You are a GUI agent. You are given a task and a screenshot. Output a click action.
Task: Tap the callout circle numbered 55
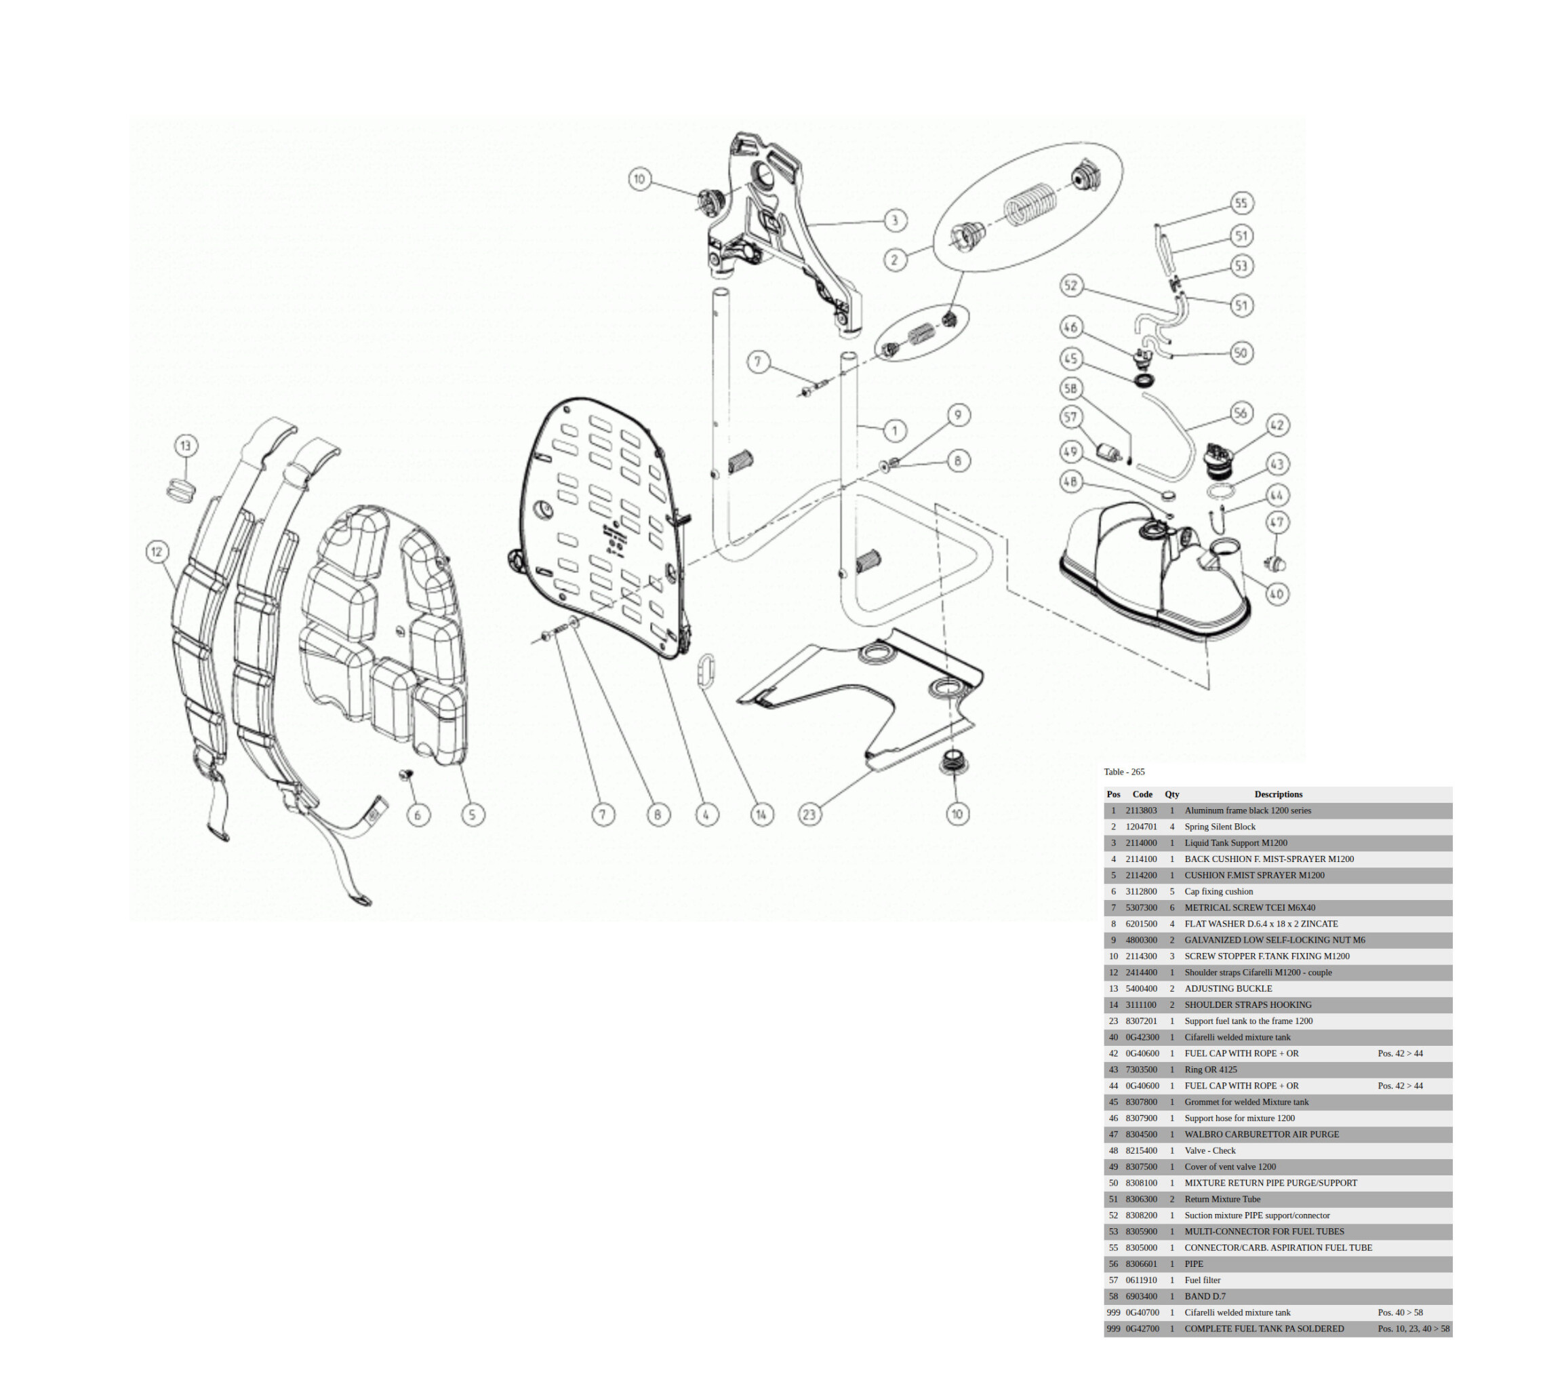1241,203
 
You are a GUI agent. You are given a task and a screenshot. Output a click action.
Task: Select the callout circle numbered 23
809,815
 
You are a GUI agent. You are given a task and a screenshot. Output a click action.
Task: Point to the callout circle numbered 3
895,220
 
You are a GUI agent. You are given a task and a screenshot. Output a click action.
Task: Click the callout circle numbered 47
1277,522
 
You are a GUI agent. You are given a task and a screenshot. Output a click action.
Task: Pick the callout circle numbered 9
959,414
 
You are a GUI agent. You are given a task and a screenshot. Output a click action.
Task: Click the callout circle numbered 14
761,815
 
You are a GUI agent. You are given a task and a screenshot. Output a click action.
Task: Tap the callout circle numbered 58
1071,389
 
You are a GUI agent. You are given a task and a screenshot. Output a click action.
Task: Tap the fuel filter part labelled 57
1108,452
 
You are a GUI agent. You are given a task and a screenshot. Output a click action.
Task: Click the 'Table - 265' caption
1124,772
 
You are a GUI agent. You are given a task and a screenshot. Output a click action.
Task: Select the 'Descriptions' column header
1278,794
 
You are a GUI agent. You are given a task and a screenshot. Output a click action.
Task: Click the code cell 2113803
1141,810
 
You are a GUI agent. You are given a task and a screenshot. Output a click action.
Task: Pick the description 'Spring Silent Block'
1219,827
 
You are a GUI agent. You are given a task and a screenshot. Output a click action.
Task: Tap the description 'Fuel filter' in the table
1202,1280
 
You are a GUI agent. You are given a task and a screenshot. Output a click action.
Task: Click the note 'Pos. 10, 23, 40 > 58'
1413,1329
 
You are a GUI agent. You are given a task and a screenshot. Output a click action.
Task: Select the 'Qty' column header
1172,794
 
